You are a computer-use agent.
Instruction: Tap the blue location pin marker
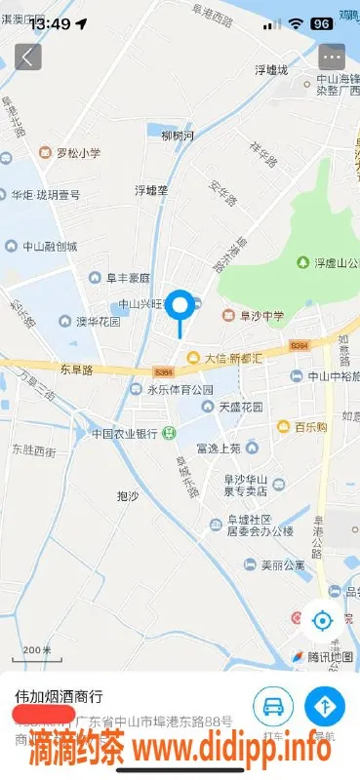[x=180, y=307]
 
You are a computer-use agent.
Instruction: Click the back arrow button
[x=27, y=57]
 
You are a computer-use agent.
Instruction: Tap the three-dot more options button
[x=333, y=57]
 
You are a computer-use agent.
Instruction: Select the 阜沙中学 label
[x=258, y=315]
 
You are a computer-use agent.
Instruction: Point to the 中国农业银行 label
[x=125, y=433]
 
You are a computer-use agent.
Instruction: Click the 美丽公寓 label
[x=276, y=564]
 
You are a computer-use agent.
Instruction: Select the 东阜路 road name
[x=76, y=370]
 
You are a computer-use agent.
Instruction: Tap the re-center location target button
[x=323, y=619]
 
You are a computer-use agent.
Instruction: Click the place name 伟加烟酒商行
[x=60, y=697]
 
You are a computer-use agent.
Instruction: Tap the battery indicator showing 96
[x=321, y=23]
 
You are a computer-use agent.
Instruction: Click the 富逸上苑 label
[x=218, y=448]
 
